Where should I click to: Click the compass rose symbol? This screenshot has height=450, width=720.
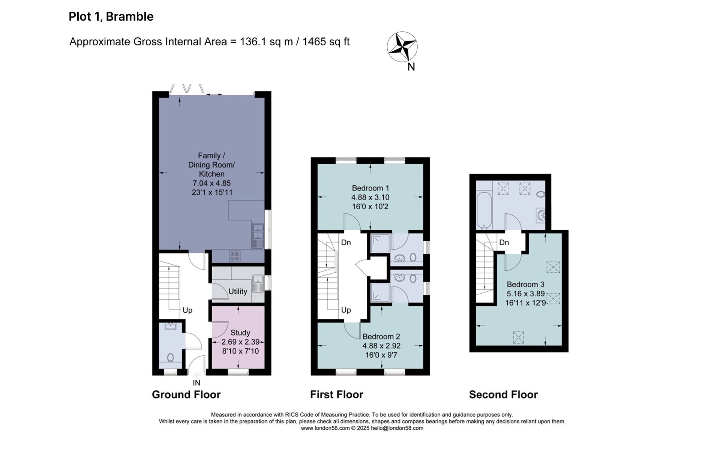point(402,47)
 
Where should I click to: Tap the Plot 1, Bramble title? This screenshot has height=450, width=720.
point(111,16)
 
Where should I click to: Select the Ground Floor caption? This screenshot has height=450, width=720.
point(186,394)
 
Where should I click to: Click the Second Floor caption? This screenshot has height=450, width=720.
point(503,394)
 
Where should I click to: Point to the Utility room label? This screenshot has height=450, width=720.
point(238,291)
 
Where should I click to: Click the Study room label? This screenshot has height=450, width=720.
point(240,333)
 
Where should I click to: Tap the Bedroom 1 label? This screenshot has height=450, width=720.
point(370,188)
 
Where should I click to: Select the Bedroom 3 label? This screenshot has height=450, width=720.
point(525,284)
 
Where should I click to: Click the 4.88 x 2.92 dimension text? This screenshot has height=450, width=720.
point(381,346)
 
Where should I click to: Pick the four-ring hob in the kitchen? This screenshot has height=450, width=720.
point(235,256)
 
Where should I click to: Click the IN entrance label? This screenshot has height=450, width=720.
point(196,383)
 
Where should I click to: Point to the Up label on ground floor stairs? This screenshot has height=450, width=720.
point(187,310)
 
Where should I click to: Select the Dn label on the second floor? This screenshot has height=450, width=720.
point(504,243)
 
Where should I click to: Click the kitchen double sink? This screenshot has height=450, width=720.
point(258,236)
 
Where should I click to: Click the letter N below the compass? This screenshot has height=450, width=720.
point(411,67)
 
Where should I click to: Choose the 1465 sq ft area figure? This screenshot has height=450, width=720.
point(326,42)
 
